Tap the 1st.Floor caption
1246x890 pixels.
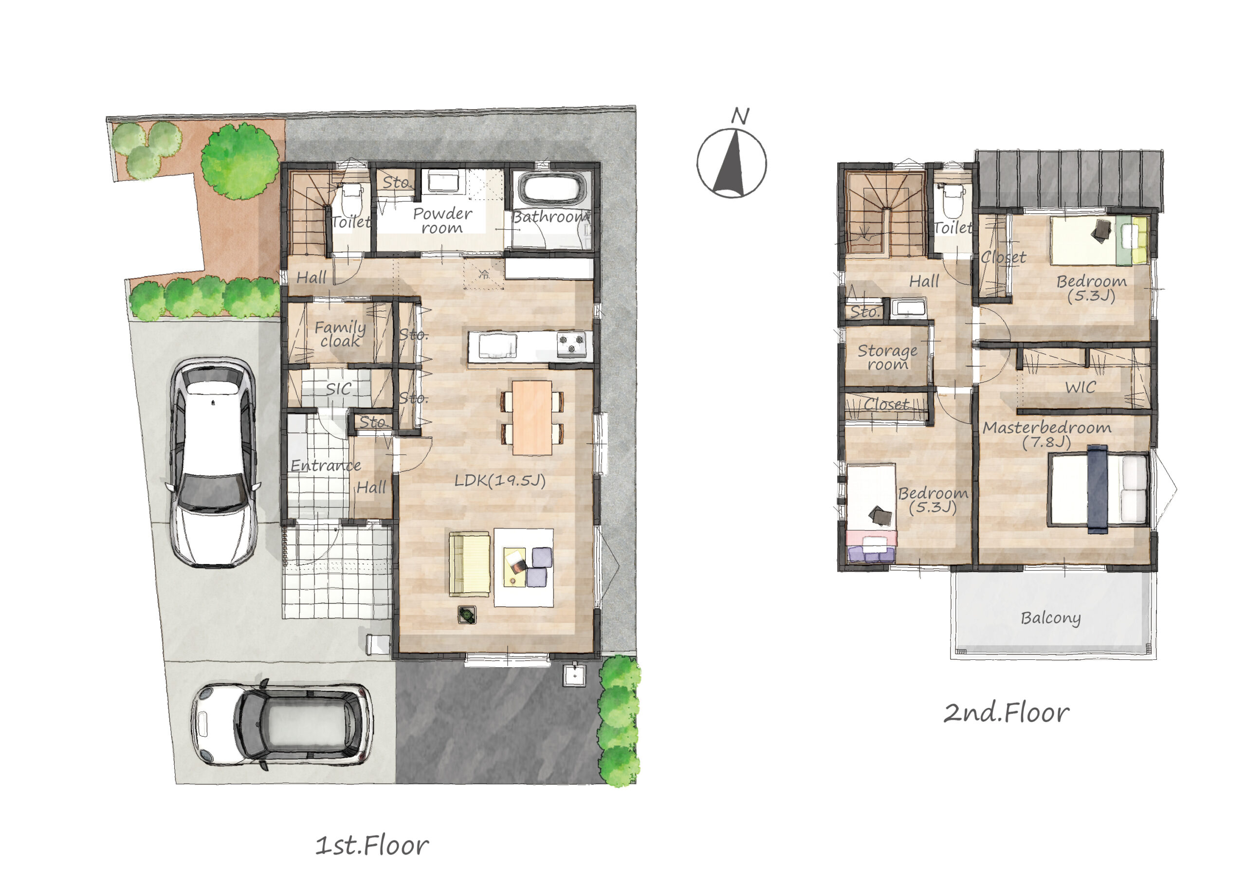(x=372, y=845)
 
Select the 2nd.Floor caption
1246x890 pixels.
(x=1007, y=712)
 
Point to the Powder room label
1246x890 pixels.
(x=442, y=220)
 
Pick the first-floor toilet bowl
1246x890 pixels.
(x=351, y=200)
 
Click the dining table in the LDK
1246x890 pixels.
(x=531, y=418)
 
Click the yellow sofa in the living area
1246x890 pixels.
(x=469, y=563)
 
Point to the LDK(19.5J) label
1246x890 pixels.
(x=500, y=481)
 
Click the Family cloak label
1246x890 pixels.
(x=340, y=334)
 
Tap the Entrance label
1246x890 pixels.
(x=326, y=466)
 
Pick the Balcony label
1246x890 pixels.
(x=1050, y=618)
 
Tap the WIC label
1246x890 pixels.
(x=1081, y=387)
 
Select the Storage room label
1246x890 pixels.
(x=887, y=357)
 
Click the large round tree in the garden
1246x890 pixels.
(x=240, y=161)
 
